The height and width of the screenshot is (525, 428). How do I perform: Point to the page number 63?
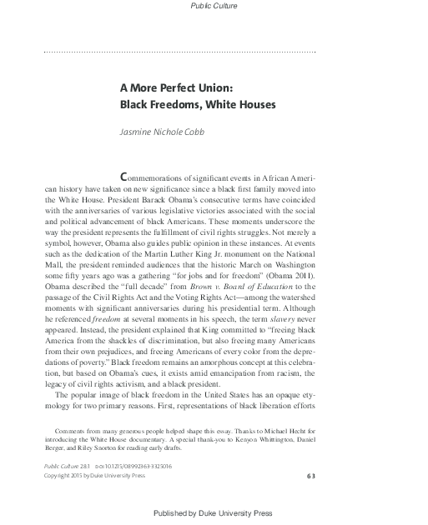click(x=310, y=474)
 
